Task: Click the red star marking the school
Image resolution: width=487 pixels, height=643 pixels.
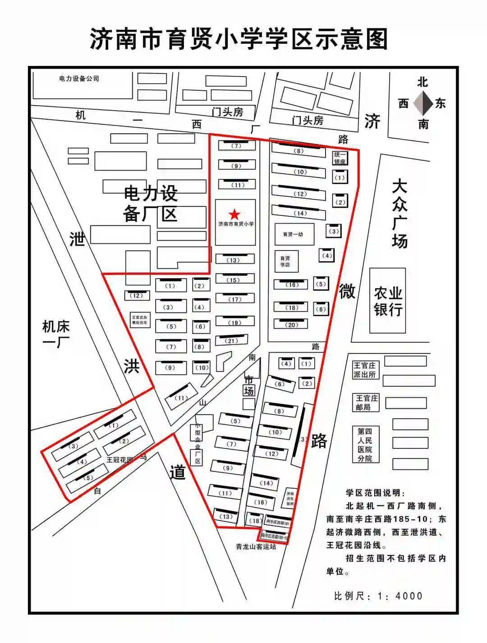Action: click(x=235, y=214)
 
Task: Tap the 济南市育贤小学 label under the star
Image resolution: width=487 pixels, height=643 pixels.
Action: click(x=235, y=224)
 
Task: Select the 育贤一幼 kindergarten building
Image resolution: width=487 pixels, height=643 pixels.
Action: click(x=293, y=234)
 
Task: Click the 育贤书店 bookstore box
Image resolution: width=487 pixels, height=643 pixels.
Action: click(x=285, y=261)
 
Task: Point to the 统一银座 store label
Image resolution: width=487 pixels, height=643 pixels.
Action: click(x=340, y=158)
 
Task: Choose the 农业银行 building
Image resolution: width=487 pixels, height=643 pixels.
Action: click(x=387, y=301)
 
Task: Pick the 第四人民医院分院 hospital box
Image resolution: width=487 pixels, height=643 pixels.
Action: click(x=365, y=445)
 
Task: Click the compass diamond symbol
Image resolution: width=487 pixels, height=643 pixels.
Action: click(x=423, y=103)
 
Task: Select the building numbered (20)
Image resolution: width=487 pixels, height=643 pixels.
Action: click(x=291, y=324)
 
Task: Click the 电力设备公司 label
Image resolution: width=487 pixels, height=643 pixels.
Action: click(x=79, y=79)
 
